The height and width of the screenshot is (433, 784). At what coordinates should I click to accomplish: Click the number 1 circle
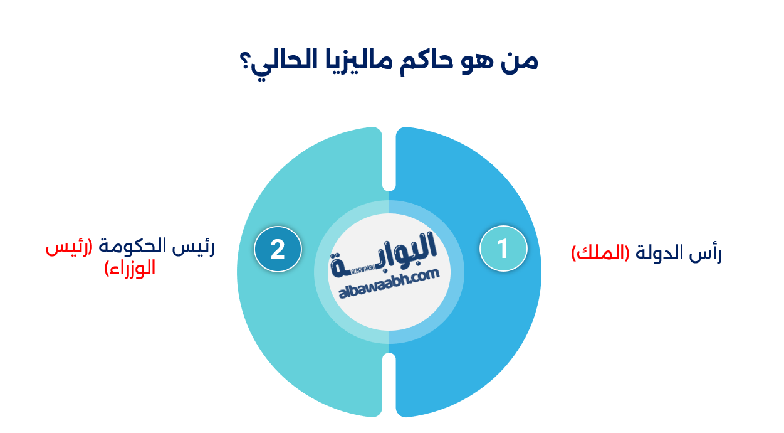point(503,249)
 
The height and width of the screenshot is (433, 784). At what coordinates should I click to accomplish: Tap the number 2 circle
point(278,249)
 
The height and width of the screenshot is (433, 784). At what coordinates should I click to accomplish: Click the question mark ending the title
point(245,63)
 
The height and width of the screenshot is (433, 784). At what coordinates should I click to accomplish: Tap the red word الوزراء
point(130,269)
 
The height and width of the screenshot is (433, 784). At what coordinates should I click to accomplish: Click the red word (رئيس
point(68,247)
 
